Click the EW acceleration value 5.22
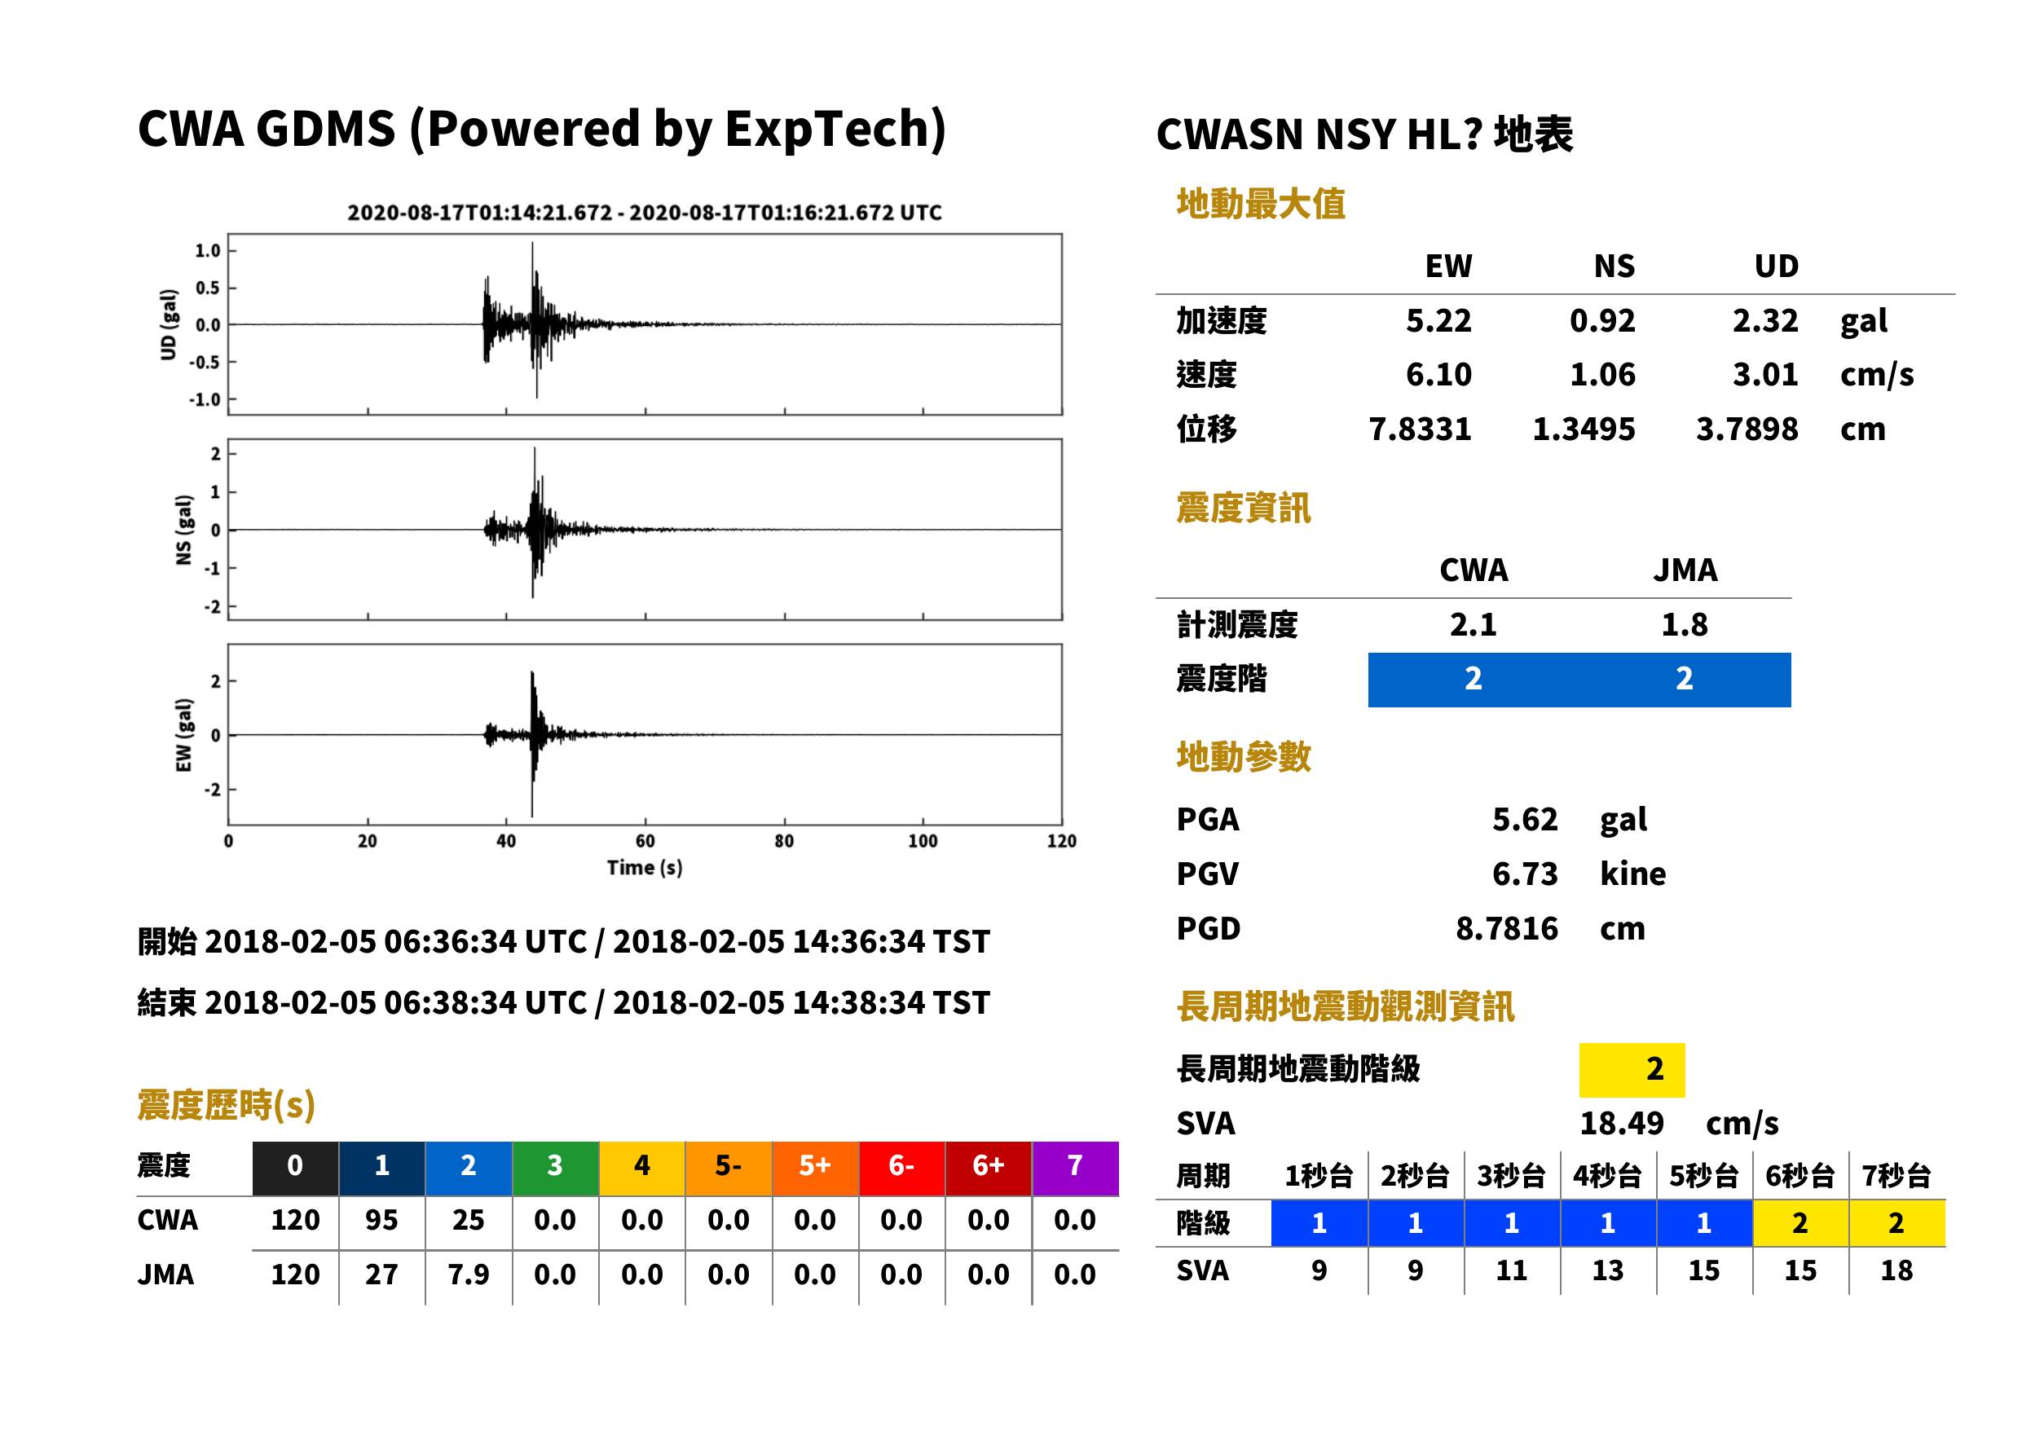1438,320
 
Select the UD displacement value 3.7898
1747,429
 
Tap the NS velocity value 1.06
1601,374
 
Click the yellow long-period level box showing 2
1631,1069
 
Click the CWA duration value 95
381,1220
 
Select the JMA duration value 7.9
468,1275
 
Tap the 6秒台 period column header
1799,1175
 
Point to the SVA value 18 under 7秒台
1896,1270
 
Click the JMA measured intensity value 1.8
1683,624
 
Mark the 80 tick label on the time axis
783,841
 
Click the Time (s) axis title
645,867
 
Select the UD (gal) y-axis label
168,324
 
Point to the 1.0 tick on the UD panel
207,251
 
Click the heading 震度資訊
1242,508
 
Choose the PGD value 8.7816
1506,928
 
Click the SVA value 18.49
1621,1123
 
